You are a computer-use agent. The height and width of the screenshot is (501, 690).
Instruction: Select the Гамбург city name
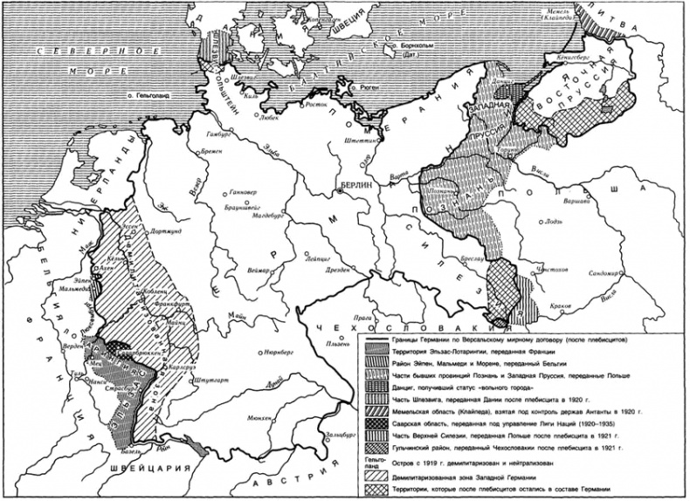pyautogui.click(x=221, y=135)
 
